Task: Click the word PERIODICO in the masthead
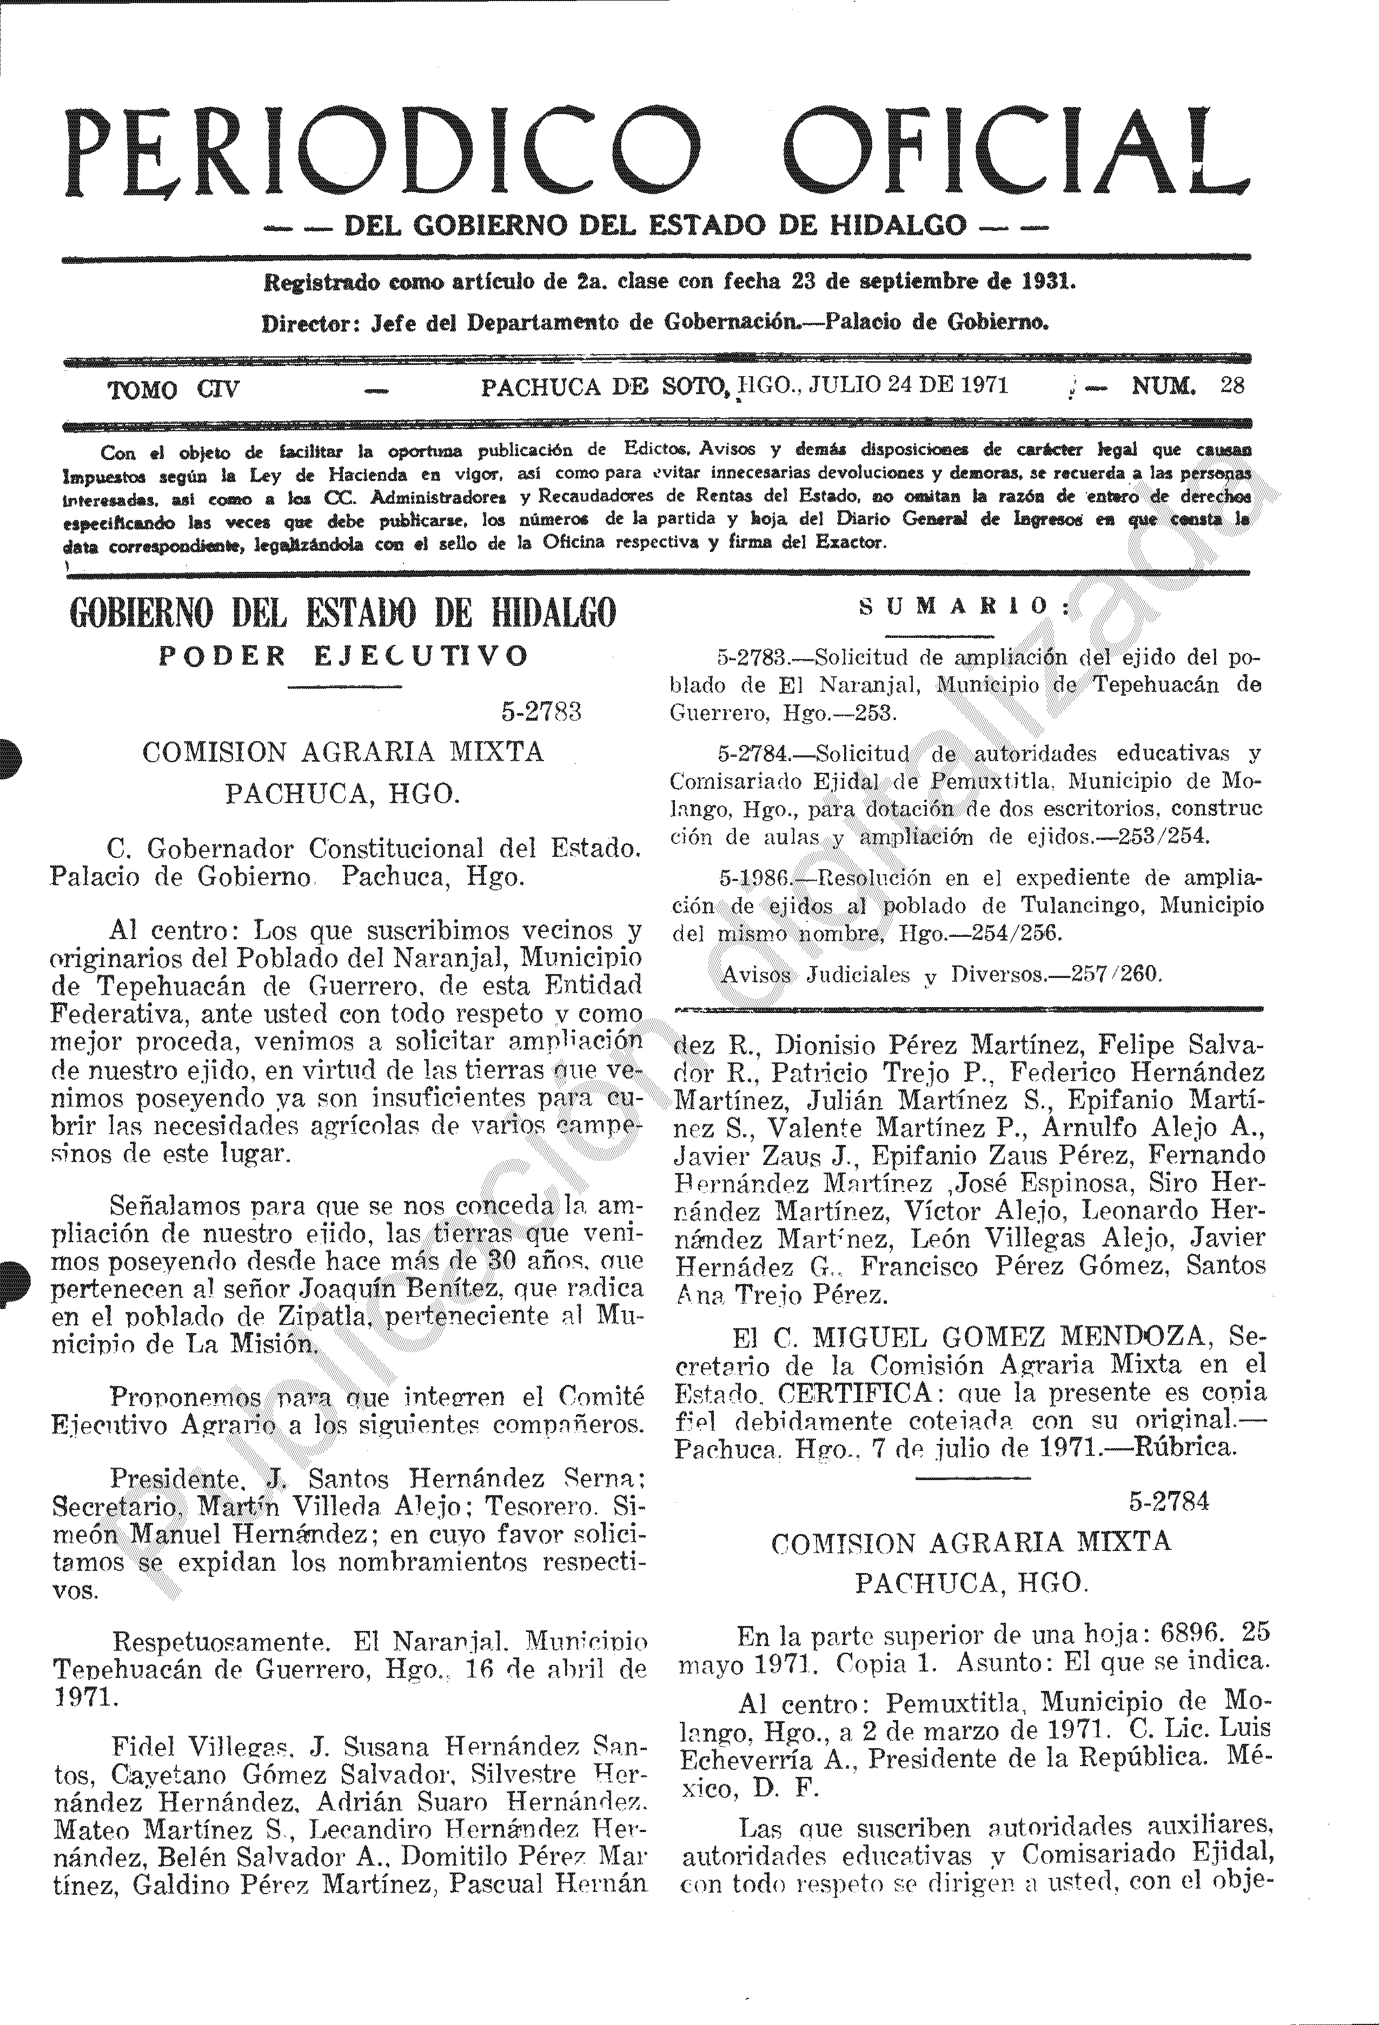tap(383, 152)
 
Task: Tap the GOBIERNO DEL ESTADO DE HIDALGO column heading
tap(342, 614)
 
